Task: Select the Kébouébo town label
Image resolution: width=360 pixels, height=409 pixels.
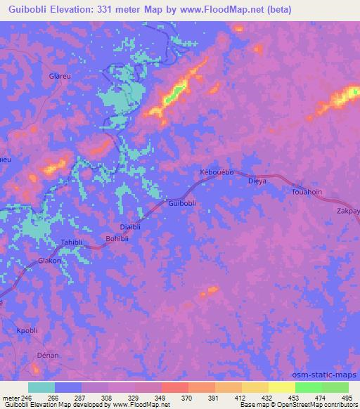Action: [x=216, y=172]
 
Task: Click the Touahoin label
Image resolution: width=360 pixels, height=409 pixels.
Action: [x=307, y=190]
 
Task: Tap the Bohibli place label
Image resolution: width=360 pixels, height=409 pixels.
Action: [x=117, y=238]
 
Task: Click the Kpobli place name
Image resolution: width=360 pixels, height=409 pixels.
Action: [x=26, y=330]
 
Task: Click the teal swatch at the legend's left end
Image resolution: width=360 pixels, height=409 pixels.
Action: [x=41, y=387]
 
